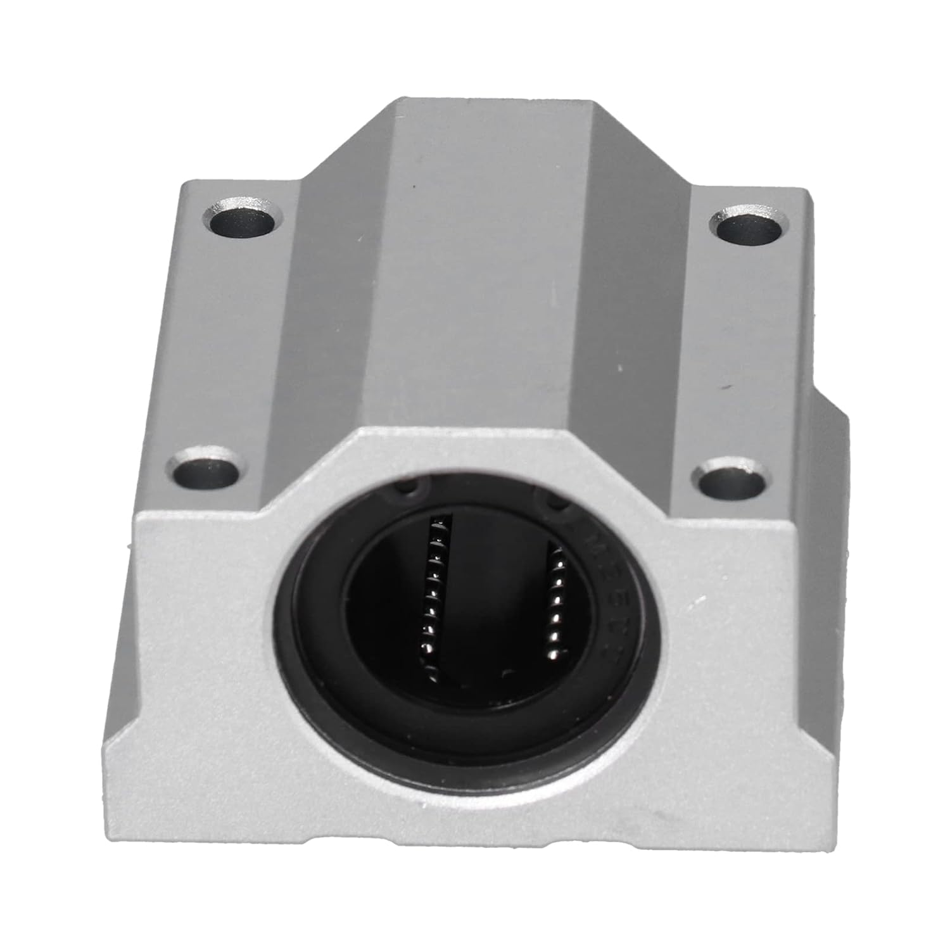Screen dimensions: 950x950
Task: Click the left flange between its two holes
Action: (222, 342)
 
